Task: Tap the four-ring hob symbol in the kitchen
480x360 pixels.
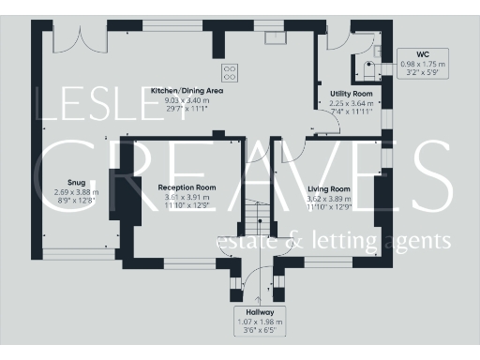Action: click(229, 71)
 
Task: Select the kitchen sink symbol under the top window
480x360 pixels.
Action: click(275, 37)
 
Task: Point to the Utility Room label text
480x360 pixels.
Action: click(352, 94)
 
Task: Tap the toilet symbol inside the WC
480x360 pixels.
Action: click(368, 67)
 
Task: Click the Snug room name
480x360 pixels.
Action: click(76, 182)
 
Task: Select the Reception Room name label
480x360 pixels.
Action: click(187, 188)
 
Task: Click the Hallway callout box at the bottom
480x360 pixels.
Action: click(260, 322)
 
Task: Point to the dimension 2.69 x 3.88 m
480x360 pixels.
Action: click(76, 191)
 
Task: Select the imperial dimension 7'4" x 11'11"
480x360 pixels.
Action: click(352, 112)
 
